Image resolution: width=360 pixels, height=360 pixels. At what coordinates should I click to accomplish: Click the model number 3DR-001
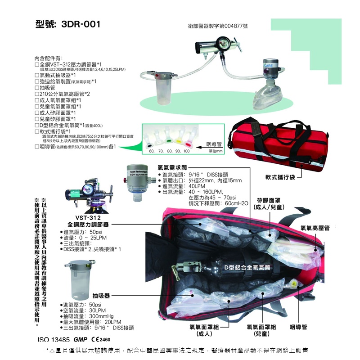pos(67,24)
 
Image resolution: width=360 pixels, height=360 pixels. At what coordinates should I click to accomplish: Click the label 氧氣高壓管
pos(315,229)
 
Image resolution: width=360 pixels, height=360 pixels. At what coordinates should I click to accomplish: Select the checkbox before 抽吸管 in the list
pos(37,88)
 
